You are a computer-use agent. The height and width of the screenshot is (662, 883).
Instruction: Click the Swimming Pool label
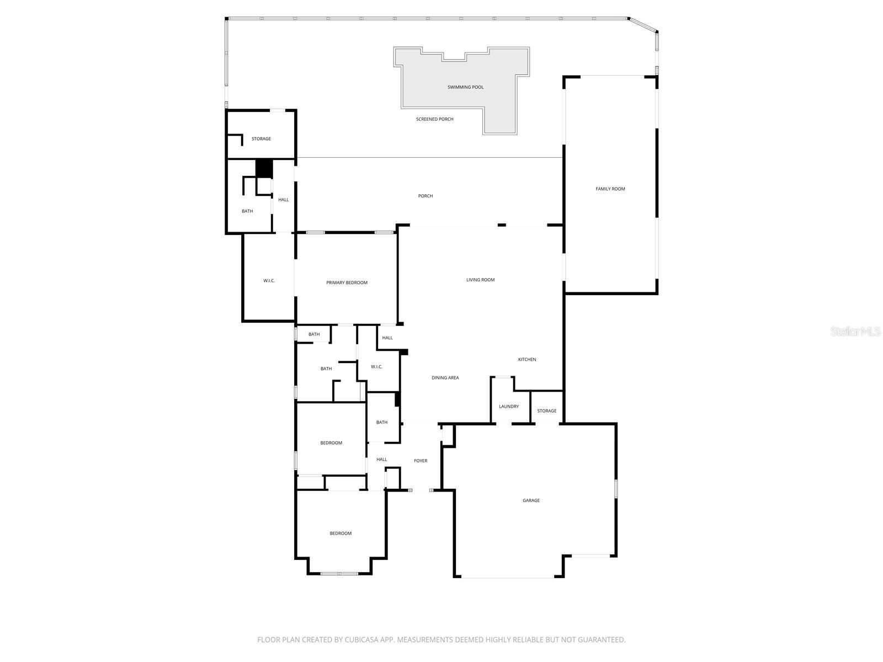tap(465, 87)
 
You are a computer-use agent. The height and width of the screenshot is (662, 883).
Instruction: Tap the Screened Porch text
tap(434, 119)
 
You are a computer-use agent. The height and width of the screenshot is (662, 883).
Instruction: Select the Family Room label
tap(610, 189)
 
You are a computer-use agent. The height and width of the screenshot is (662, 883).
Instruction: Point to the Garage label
tap(531, 500)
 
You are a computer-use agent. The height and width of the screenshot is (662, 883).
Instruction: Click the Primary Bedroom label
tap(347, 282)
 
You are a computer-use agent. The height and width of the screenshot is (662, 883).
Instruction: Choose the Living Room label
tap(480, 280)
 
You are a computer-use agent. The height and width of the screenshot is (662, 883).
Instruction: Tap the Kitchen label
tap(527, 359)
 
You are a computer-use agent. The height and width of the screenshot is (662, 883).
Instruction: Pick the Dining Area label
tap(445, 377)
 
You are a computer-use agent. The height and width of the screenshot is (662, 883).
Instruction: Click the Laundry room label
tap(509, 407)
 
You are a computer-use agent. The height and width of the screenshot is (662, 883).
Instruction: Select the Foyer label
tap(421, 461)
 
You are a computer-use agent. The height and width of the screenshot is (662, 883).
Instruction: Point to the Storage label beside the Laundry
tap(547, 411)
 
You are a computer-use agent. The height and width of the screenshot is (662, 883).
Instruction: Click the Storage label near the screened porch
tap(261, 138)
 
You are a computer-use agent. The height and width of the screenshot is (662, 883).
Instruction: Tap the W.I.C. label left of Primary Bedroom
tap(269, 281)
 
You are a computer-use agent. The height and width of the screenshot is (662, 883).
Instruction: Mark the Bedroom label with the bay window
tap(341, 533)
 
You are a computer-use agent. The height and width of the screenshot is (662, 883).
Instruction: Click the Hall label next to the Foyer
tap(382, 460)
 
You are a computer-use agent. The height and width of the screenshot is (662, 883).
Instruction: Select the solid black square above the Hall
tap(264, 168)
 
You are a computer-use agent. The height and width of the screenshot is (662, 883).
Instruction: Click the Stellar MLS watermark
tap(855, 331)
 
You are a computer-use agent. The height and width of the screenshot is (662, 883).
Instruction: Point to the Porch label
tap(425, 196)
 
